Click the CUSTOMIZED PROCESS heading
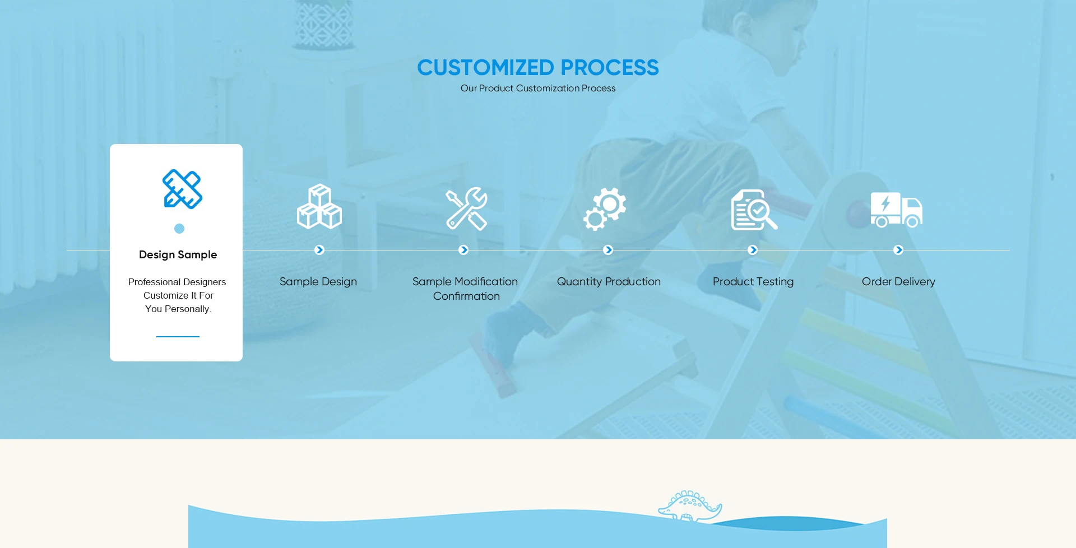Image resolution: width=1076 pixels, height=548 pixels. point(538,68)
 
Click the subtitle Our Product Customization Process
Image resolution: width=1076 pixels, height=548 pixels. point(538,89)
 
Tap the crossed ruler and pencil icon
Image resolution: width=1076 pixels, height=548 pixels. point(182,189)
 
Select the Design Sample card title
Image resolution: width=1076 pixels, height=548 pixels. point(178,254)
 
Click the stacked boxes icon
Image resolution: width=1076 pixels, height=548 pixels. point(319,206)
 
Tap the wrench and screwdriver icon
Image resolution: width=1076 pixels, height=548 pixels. point(466,208)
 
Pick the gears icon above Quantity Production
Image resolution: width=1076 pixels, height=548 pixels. point(605,209)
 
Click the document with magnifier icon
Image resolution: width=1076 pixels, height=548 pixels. point(754,210)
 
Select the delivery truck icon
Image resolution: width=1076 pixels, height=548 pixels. point(897,210)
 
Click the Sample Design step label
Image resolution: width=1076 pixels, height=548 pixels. point(318,282)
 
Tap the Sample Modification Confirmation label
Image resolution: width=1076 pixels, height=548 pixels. point(465,289)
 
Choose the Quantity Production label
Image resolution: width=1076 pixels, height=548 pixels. point(609,282)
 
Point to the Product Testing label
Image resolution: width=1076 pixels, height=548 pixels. point(753,282)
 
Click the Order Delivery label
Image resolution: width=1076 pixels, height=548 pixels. point(898,282)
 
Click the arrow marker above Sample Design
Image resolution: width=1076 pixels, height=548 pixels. point(319,250)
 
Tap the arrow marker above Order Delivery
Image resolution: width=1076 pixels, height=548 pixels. point(898,250)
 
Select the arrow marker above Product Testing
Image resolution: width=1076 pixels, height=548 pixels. point(753,250)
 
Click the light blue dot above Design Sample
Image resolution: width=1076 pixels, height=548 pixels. point(179,229)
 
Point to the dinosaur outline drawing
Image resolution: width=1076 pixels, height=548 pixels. point(690,507)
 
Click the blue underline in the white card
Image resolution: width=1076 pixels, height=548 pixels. point(178,336)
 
